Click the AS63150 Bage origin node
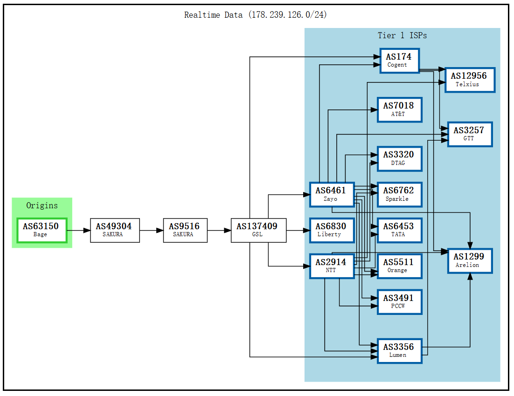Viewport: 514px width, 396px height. tap(42, 230)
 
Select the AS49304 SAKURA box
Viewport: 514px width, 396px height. tap(115, 230)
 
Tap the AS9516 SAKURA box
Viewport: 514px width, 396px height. tap(185, 230)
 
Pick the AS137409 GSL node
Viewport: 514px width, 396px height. tap(258, 230)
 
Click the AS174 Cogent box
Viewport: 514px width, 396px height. tap(399, 61)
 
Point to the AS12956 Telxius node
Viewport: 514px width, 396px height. tap(469, 80)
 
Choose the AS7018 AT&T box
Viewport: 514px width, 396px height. tap(399, 109)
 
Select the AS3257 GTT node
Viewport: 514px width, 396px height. tap(470, 134)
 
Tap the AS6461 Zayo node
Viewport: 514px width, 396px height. tap(332, 194)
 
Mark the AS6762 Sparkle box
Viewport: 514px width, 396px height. tap(399, 194)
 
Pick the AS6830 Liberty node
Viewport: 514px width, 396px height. tap(332, 230)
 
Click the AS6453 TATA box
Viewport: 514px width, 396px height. tap(399, 230)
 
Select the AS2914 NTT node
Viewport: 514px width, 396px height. tap(332, 266)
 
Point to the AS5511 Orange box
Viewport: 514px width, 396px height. tap(399, 266)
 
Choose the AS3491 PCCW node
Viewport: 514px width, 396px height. tap(399, 302)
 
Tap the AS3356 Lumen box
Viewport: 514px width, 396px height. tap(399, 351)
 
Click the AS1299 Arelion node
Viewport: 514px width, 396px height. tap(470, 260)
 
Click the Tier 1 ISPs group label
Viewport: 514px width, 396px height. tap(402, 35)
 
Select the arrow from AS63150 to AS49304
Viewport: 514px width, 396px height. tap(78, 230)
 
